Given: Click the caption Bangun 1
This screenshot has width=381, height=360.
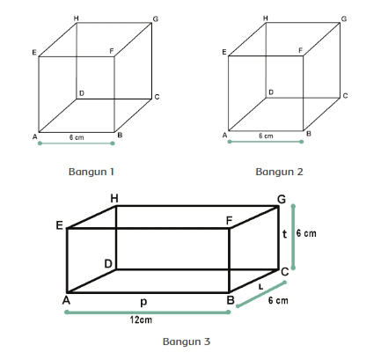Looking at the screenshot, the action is click(x=92, y=172).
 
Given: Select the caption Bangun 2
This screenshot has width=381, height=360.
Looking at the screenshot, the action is click(x=279, y=172).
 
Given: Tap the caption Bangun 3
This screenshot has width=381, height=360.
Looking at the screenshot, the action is click(x=187, y=342).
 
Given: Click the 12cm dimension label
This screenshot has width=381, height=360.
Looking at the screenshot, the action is click(x=141, y=320).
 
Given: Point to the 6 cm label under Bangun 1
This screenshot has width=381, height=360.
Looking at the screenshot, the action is click(x=77, y=137).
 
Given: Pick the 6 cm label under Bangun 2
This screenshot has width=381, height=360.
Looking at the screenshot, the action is click(x=266, y=136).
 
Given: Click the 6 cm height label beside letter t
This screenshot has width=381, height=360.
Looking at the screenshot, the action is click(x=306, y=233).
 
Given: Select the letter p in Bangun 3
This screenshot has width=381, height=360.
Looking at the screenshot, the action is click(x=143, y=302).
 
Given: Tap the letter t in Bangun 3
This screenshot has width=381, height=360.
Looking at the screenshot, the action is click(x=284, y=234).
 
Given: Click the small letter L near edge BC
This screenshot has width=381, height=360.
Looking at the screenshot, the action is click(x=260, y=287).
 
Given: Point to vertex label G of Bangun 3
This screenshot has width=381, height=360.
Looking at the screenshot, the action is click(x=282, y=200).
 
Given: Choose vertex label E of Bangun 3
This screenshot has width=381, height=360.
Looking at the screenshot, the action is click(x=60, y=225).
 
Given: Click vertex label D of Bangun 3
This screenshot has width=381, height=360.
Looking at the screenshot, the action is click(x=108, y=264).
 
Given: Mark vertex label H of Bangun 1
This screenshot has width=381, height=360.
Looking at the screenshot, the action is click(x=77, y=18).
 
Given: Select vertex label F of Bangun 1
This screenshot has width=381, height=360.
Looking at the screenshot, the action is click(x=112, y=51).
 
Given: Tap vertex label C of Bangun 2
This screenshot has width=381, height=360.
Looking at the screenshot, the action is click(x=345, y=96).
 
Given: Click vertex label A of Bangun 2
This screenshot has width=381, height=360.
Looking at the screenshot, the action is click(x=225, y=136).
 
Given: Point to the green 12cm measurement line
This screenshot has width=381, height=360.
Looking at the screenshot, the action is click(x=147, y=312).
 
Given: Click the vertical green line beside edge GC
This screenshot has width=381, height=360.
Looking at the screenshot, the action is click(x=293, y=237).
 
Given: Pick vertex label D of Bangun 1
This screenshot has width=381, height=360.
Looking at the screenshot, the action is click(x=82, y=93).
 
